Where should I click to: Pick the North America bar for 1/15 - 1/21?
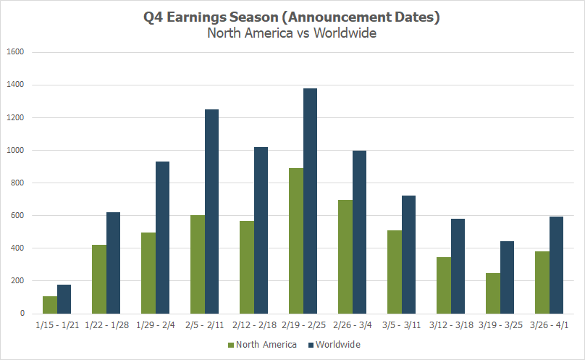pyautogui.click(x=50, y=305)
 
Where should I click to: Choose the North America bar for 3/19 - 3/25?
pyautogui.click(x=493, y=293)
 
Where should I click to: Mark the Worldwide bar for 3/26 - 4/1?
pyautogui.click(x=556, y=264)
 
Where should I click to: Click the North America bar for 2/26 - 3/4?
pyautogui.click(x=345, y=256)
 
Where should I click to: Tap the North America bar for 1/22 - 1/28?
pyautogui.click(x=99, y=279)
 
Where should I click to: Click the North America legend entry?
pyautogui.click(x=262, y=345)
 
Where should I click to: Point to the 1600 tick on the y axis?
pyautogui.click(x=15, y=52)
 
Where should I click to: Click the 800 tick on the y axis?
pyautogui.click(x=17, y=183)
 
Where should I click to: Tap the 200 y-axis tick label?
pyautogui.click(x=17, y=281)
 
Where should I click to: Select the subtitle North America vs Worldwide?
pyautogui.click(x=292, y=33)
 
